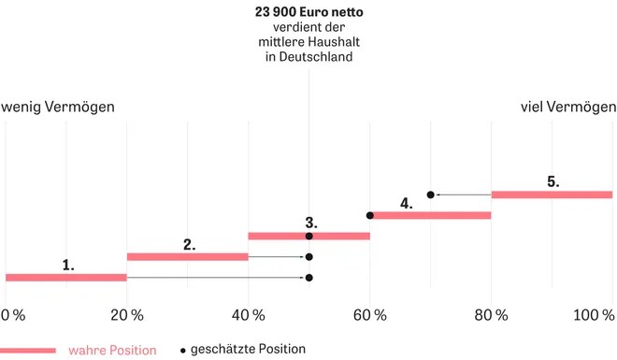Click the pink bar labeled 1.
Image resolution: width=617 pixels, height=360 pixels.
(66, 278)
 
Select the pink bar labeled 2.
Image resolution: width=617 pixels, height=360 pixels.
(188, 257)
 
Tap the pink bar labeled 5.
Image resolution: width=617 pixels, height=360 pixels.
(552, 194)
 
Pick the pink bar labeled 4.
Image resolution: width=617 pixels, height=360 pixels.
(430, 215)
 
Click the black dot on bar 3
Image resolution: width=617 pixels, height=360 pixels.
(309, 236)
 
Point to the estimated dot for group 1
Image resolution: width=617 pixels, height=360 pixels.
(309, 278)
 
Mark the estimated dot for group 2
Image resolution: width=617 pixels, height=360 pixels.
(309, 257)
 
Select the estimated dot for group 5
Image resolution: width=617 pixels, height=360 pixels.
(430, 194)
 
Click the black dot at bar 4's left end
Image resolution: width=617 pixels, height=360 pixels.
(370, 215)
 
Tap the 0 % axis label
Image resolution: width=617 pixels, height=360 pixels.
(13, 315)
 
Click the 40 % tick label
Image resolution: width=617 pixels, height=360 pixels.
(249, 315)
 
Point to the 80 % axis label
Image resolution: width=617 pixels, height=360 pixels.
(491, 315)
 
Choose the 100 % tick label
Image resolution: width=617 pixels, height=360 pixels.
(594, 315)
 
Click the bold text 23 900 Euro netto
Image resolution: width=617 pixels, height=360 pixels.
(308, 12)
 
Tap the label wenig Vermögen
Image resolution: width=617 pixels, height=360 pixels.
(58, 107)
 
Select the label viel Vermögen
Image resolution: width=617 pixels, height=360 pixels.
(568, 107)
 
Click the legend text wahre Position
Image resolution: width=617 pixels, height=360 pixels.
(112, 350)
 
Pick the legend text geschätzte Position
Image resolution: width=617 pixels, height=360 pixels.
(248, 349)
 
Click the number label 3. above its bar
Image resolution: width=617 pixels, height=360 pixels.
(311, 223)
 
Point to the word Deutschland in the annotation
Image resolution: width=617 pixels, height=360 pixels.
(316, 57)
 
